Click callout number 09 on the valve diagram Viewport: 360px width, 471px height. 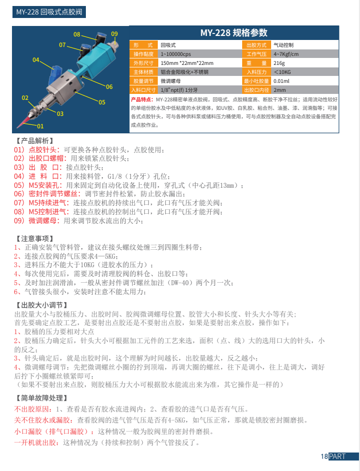pos(114,34)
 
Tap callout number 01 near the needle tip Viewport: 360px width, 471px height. pos(40,126)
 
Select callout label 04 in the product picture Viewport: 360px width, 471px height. pos(36,60)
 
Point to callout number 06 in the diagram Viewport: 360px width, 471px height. pos(109,86)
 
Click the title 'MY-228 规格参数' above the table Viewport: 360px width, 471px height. pos(234,33)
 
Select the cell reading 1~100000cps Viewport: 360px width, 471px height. pos(176,54)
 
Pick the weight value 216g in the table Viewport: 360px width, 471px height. pos(279,63)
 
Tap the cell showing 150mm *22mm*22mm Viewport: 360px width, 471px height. pos(187,63)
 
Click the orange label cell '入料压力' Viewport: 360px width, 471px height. pos(257,72)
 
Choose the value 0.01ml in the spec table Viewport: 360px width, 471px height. pos(282,81)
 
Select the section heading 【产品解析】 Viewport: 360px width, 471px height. pos(34,141)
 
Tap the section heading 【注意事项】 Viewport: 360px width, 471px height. pos(34,239)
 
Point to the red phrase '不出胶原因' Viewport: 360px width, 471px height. pos(33,410)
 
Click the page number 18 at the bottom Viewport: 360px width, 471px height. pos(324,456)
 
